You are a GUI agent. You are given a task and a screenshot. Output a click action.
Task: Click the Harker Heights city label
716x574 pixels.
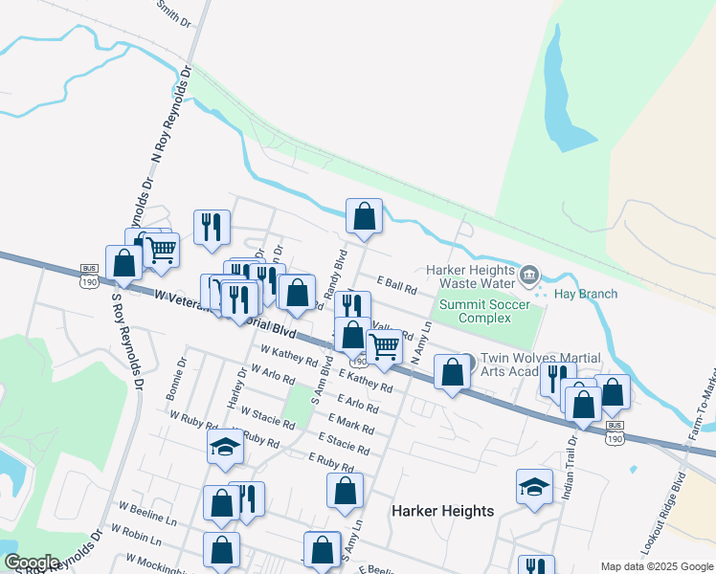(x=443, y=511)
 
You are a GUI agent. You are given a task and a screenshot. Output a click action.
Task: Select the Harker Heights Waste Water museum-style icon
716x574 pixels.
(x=528, y=276)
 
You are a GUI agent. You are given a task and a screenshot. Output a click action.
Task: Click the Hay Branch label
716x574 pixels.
(x=586, y=294)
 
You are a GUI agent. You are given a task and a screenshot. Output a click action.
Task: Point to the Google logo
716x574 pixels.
(x=32, y=563)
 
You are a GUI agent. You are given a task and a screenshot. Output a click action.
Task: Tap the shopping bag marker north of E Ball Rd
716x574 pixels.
(x=365, y=216)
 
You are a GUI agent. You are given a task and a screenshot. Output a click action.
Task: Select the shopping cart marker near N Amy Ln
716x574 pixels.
(x=385, y=346)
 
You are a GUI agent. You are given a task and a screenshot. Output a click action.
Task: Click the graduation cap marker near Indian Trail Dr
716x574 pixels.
(x=534, y=486)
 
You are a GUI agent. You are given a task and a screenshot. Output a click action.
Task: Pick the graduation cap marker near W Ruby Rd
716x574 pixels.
(x=226, y=447)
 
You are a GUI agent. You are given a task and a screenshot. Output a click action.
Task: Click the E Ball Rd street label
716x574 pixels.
(x=397, y=286)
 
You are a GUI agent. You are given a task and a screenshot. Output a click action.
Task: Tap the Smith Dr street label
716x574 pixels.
(x=173, y=12)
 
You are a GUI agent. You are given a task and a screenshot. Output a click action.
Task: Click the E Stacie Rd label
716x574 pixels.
(x=348, y=443)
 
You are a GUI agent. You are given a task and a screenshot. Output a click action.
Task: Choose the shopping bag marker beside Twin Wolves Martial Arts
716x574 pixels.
(x=452, y=373)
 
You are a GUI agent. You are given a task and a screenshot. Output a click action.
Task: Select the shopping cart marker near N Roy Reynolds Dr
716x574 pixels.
(x=161, y=251)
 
